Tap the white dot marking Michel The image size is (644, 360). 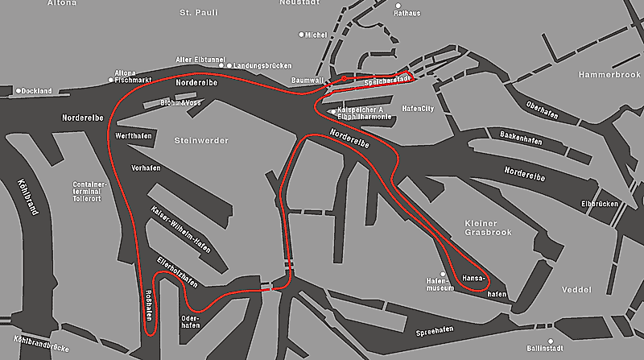[302, 35]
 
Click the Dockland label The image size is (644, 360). [36, 91]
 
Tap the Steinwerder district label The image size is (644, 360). [201, 141]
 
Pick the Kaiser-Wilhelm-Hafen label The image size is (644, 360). [180, 229]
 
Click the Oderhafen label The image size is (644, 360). [191, 321]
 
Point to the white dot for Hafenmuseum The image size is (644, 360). [442, 274]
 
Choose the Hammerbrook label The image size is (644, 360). [609, 75]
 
